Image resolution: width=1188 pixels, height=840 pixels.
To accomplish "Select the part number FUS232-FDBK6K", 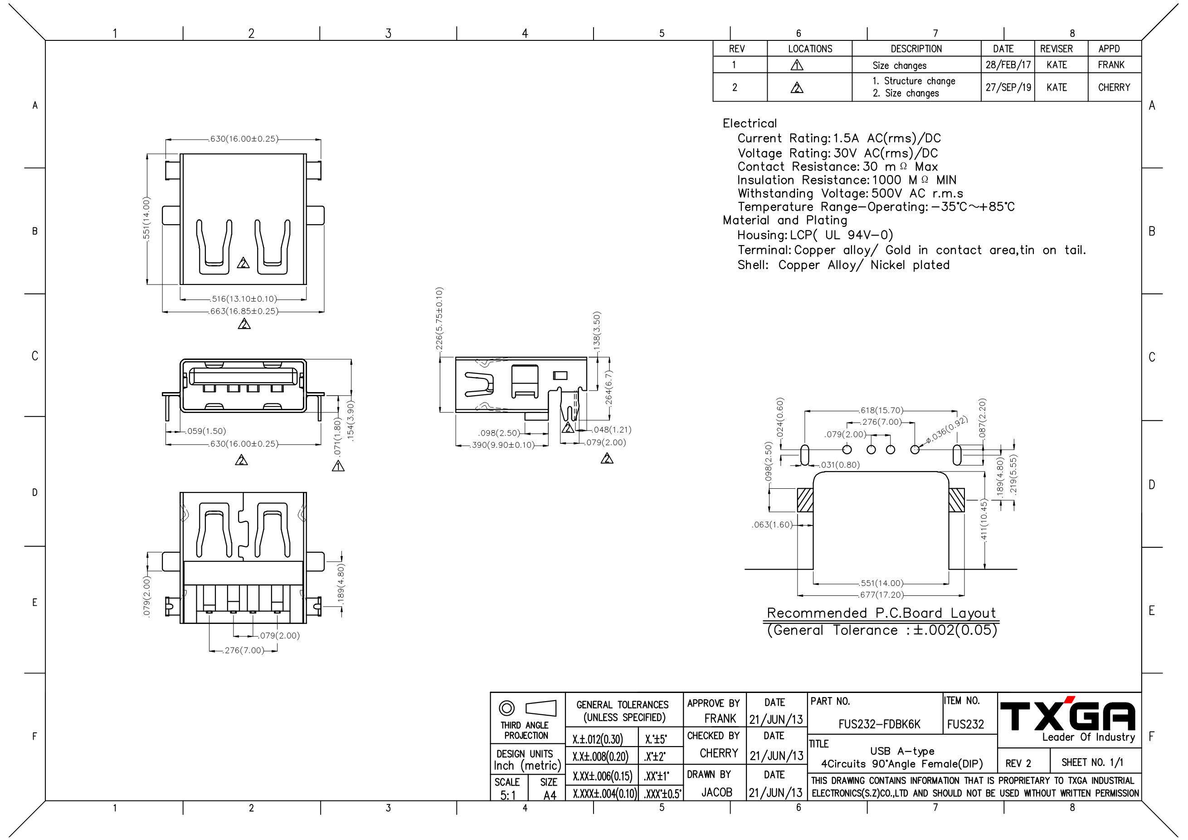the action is (879, 724).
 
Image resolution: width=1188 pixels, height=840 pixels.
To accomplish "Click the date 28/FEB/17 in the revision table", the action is (1008, 65).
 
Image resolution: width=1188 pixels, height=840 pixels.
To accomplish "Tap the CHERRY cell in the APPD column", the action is (1114, 87).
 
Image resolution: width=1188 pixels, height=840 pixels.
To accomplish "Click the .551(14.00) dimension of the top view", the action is (146, 219).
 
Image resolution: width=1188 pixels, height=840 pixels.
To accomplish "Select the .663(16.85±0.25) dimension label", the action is (243, 311).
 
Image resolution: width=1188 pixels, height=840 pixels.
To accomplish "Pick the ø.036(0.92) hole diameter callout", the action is (947, 429).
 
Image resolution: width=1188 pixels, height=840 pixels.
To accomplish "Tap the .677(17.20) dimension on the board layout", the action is (881, 595).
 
